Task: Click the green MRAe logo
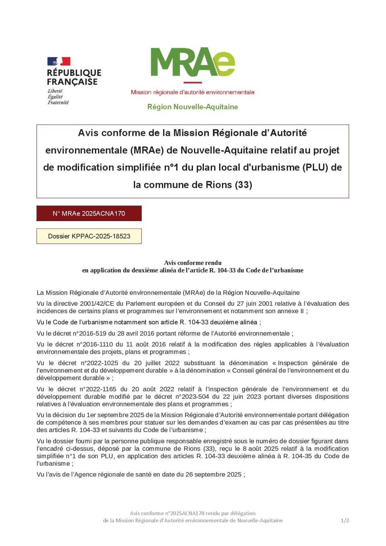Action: [192, 62]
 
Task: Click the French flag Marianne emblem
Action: [59, 61]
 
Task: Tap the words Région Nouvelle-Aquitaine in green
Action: [192, 107]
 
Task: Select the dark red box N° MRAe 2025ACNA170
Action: [89, 213]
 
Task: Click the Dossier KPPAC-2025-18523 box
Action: [89, 236]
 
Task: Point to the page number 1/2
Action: [345, 520]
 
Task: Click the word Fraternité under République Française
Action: [58, 103]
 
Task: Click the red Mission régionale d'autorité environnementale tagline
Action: [192, 92]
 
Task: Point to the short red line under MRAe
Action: [192, 83]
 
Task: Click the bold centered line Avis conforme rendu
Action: [192, 263]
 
